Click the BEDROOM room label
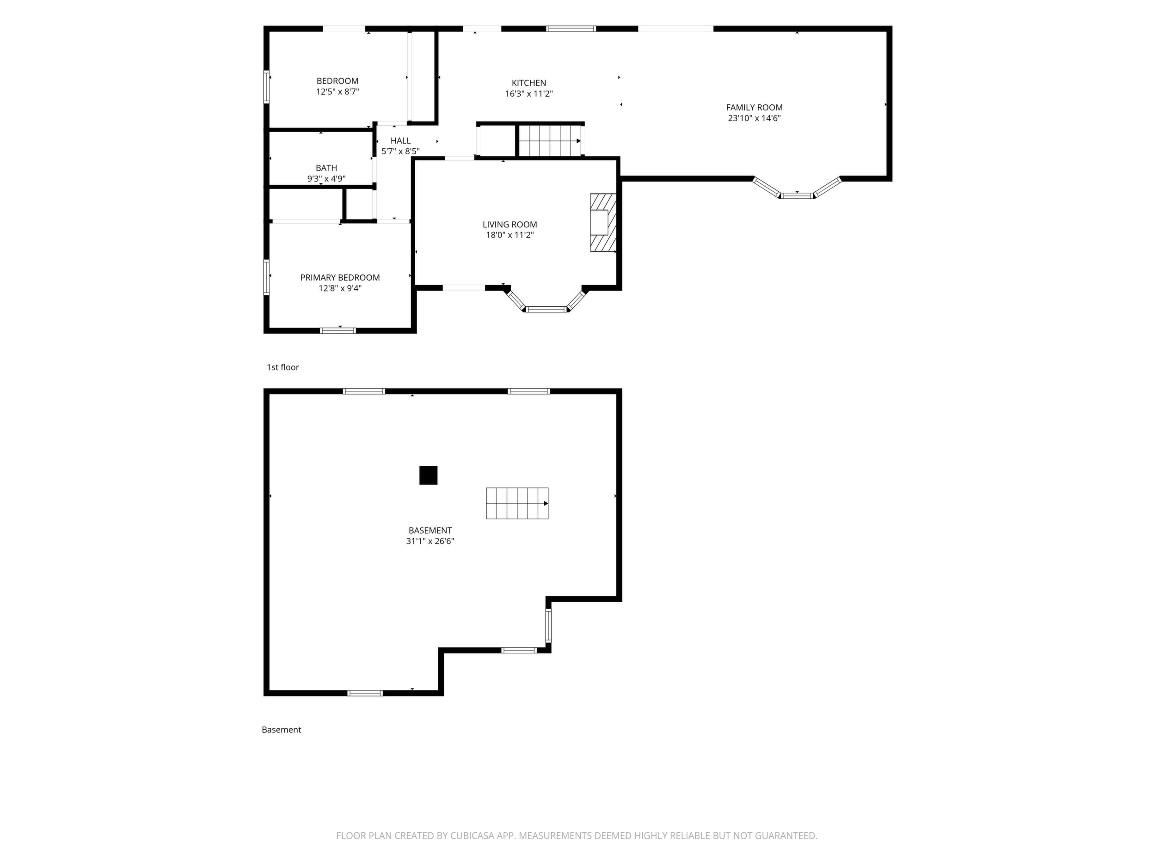tap(338, 81)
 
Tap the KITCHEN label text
tap(528, 83)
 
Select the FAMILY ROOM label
tap(755, 107)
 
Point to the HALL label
tap(401, 141)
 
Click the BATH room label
tap(326, 168)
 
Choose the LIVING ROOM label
tap(509, 225)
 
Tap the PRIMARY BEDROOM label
tap(340, 277)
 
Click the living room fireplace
tap(603, 223)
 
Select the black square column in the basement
tap(428, 475)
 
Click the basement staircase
tap(517, 503)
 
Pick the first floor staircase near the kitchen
tap(550, 141)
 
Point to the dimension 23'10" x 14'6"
tap(755, 118)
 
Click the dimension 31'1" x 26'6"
tap(430, 541)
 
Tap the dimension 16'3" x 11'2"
tap(529, 94)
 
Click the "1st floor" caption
tap(283, 367)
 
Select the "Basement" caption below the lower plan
tap(281, 730)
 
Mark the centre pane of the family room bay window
tap(797, 195)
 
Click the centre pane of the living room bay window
tap(546, 309)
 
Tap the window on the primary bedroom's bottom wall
tap(338, 330)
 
